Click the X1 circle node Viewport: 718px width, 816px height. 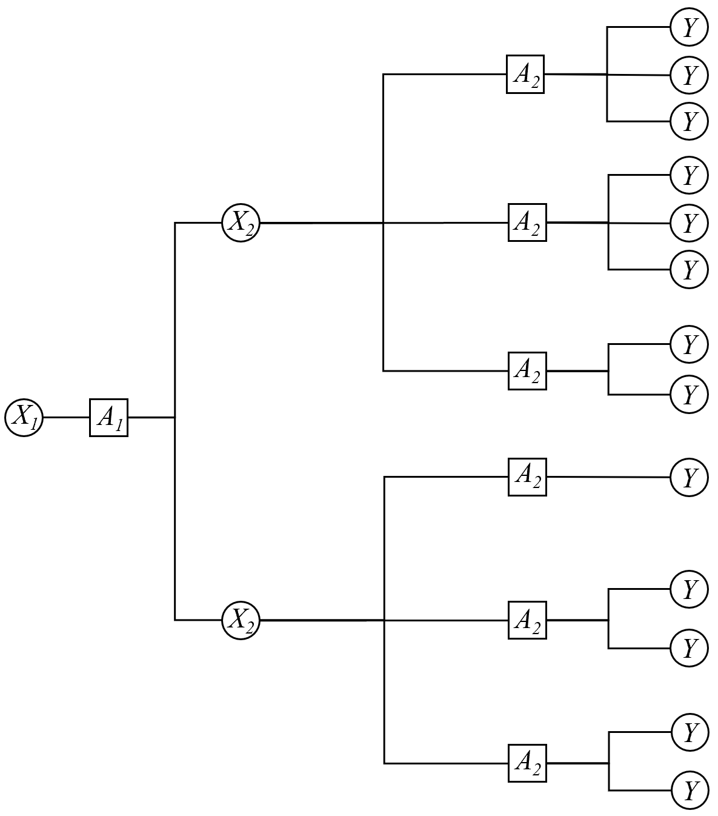tap(24, 418)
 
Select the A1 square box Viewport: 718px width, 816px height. tap(108, 418)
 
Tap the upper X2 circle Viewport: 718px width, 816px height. tap(241, 223)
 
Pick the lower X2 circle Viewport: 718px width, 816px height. tap(241, 620)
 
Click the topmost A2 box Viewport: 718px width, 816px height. tap(525, 74)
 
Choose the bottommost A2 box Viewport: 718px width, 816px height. tap(527, 763)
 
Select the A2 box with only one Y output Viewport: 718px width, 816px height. tap(527, 477)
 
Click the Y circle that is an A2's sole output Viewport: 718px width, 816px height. tap(689, 477)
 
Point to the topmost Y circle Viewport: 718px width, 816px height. tap(689, 27)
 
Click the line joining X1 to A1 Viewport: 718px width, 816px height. tap(66, 418)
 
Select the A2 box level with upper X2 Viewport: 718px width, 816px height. tap(527, 222)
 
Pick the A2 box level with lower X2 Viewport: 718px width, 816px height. tap(527, 620)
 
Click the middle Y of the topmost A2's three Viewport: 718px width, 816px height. tap(689, 75)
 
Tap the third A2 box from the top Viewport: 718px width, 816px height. tap(527, 370)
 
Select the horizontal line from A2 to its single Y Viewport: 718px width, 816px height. tap(608, 477)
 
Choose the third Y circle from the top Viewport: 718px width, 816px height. tap(689, 121)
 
